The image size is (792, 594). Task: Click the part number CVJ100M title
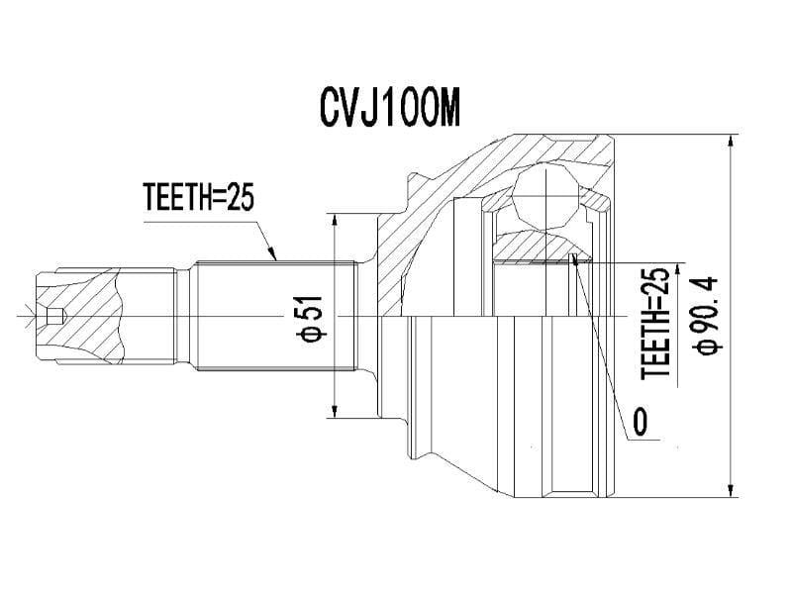click(390, 110)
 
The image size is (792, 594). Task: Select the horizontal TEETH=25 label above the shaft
click(199, 198)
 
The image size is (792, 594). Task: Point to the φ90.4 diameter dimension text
click(712, 314)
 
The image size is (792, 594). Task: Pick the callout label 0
click(640, 423)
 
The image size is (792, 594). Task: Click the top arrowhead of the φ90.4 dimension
click(732, 141)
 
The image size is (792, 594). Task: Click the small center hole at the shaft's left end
click(55, 317)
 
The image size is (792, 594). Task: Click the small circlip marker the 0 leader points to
click(573, 259)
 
